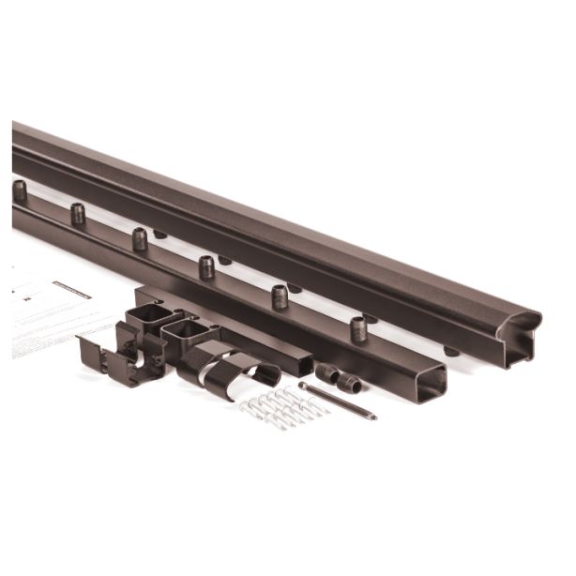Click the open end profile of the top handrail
[521, 339]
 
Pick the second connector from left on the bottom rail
[77, 214]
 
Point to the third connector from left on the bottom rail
[140, 239]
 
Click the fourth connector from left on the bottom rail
[206, 267]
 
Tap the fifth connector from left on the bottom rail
[280, 297]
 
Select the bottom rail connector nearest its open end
[358, 329]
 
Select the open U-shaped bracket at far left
[108, 352]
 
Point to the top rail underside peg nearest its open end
[451, 352]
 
